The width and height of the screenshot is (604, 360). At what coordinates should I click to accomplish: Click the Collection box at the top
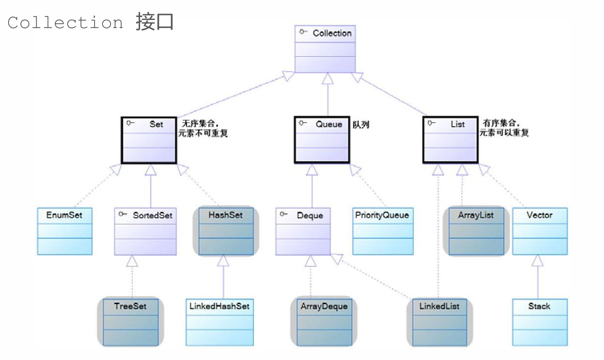point(325,49)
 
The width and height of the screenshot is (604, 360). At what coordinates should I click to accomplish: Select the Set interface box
point(149,140)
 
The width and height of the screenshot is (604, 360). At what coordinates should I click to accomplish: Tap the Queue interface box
point(322,140)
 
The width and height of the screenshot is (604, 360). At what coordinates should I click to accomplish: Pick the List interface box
point(450,140)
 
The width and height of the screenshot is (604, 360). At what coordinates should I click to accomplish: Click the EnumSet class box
point(65,231)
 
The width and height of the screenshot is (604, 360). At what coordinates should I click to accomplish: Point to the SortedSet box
point(146,231)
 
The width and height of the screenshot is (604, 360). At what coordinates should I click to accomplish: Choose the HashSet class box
point(226,231)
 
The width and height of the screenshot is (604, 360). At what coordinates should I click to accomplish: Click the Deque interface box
point(303,231)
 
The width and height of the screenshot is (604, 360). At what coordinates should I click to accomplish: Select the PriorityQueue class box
point(383,231)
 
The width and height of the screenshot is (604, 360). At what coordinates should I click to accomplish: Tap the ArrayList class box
point(476,231)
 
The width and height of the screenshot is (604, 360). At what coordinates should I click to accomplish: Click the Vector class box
point(539,231)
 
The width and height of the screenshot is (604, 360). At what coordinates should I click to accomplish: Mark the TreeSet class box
point(130,321)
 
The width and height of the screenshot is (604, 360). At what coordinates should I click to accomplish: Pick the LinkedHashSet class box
point(219,321)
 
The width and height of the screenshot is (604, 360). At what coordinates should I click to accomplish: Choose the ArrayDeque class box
point(324,321)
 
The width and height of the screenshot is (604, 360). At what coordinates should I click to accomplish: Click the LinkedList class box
point(439,321)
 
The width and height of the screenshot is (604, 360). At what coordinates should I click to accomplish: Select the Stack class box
point(539,321)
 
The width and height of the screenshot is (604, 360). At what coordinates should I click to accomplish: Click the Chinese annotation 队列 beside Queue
point(361,125)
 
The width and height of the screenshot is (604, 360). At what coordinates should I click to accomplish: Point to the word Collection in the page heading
point(65,23)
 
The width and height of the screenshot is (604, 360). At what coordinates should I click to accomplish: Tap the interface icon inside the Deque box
point(283,214)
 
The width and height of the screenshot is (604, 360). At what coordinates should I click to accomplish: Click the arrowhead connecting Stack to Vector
point(538,260)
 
